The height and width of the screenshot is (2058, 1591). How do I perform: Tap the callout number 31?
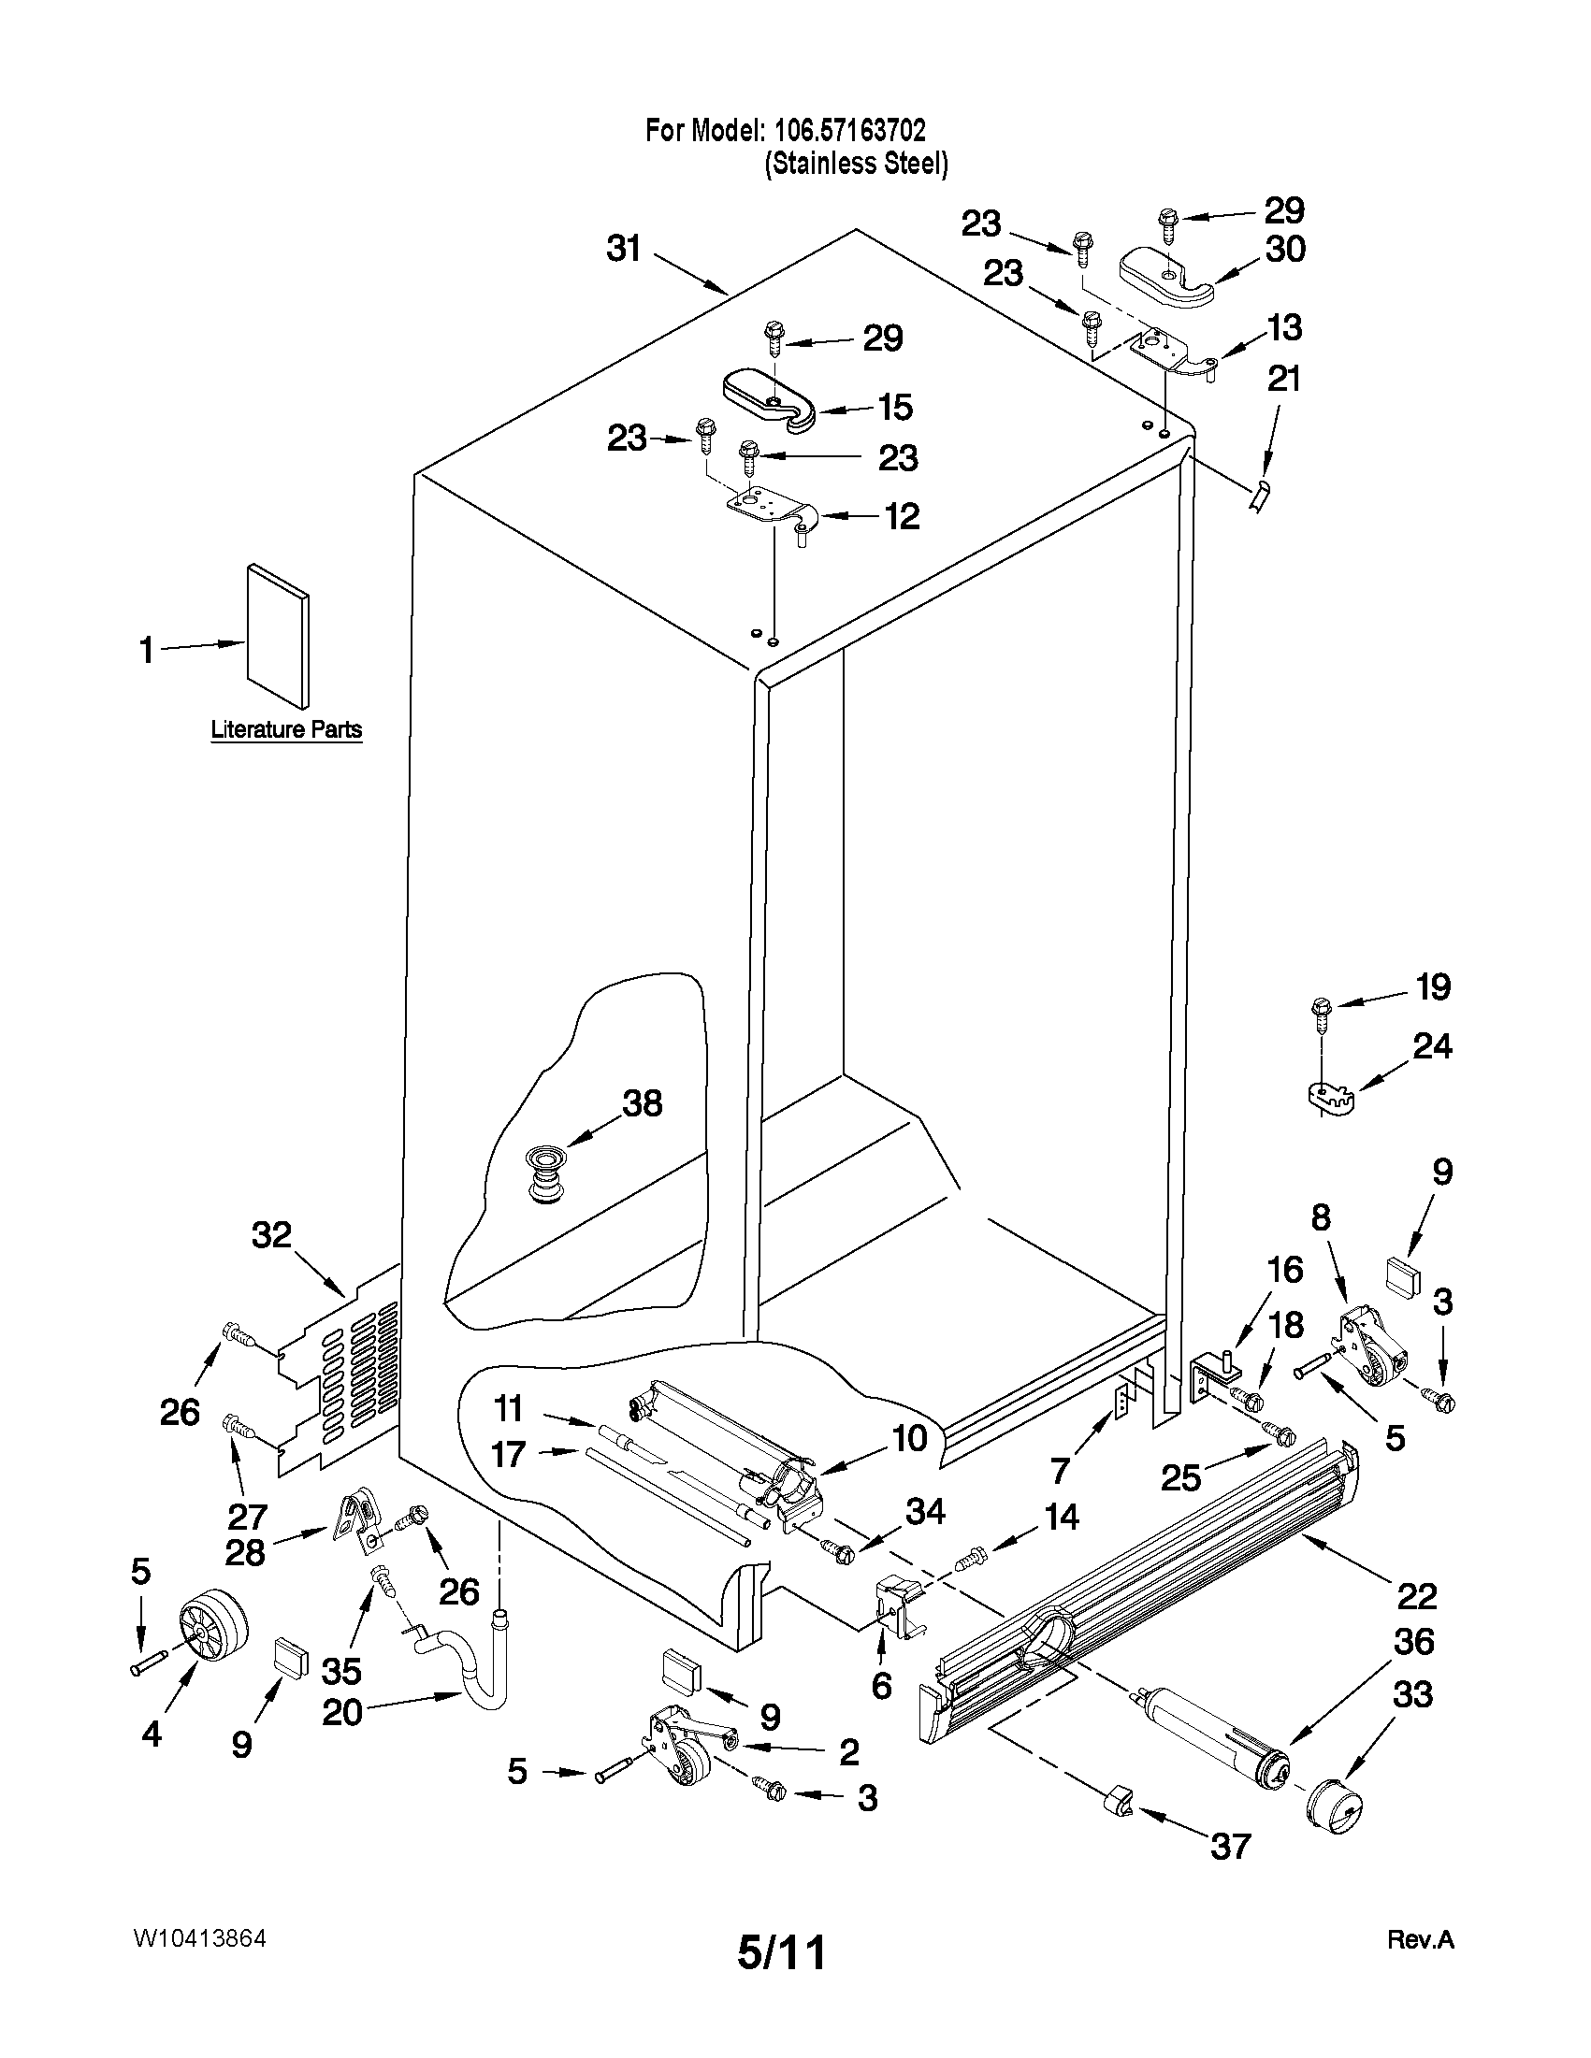624,249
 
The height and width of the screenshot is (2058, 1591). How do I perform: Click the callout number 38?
642,1102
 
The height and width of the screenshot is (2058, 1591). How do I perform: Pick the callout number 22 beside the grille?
1416,1596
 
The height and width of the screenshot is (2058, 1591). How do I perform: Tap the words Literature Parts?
285,729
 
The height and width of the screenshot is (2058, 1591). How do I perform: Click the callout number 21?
1283,380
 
